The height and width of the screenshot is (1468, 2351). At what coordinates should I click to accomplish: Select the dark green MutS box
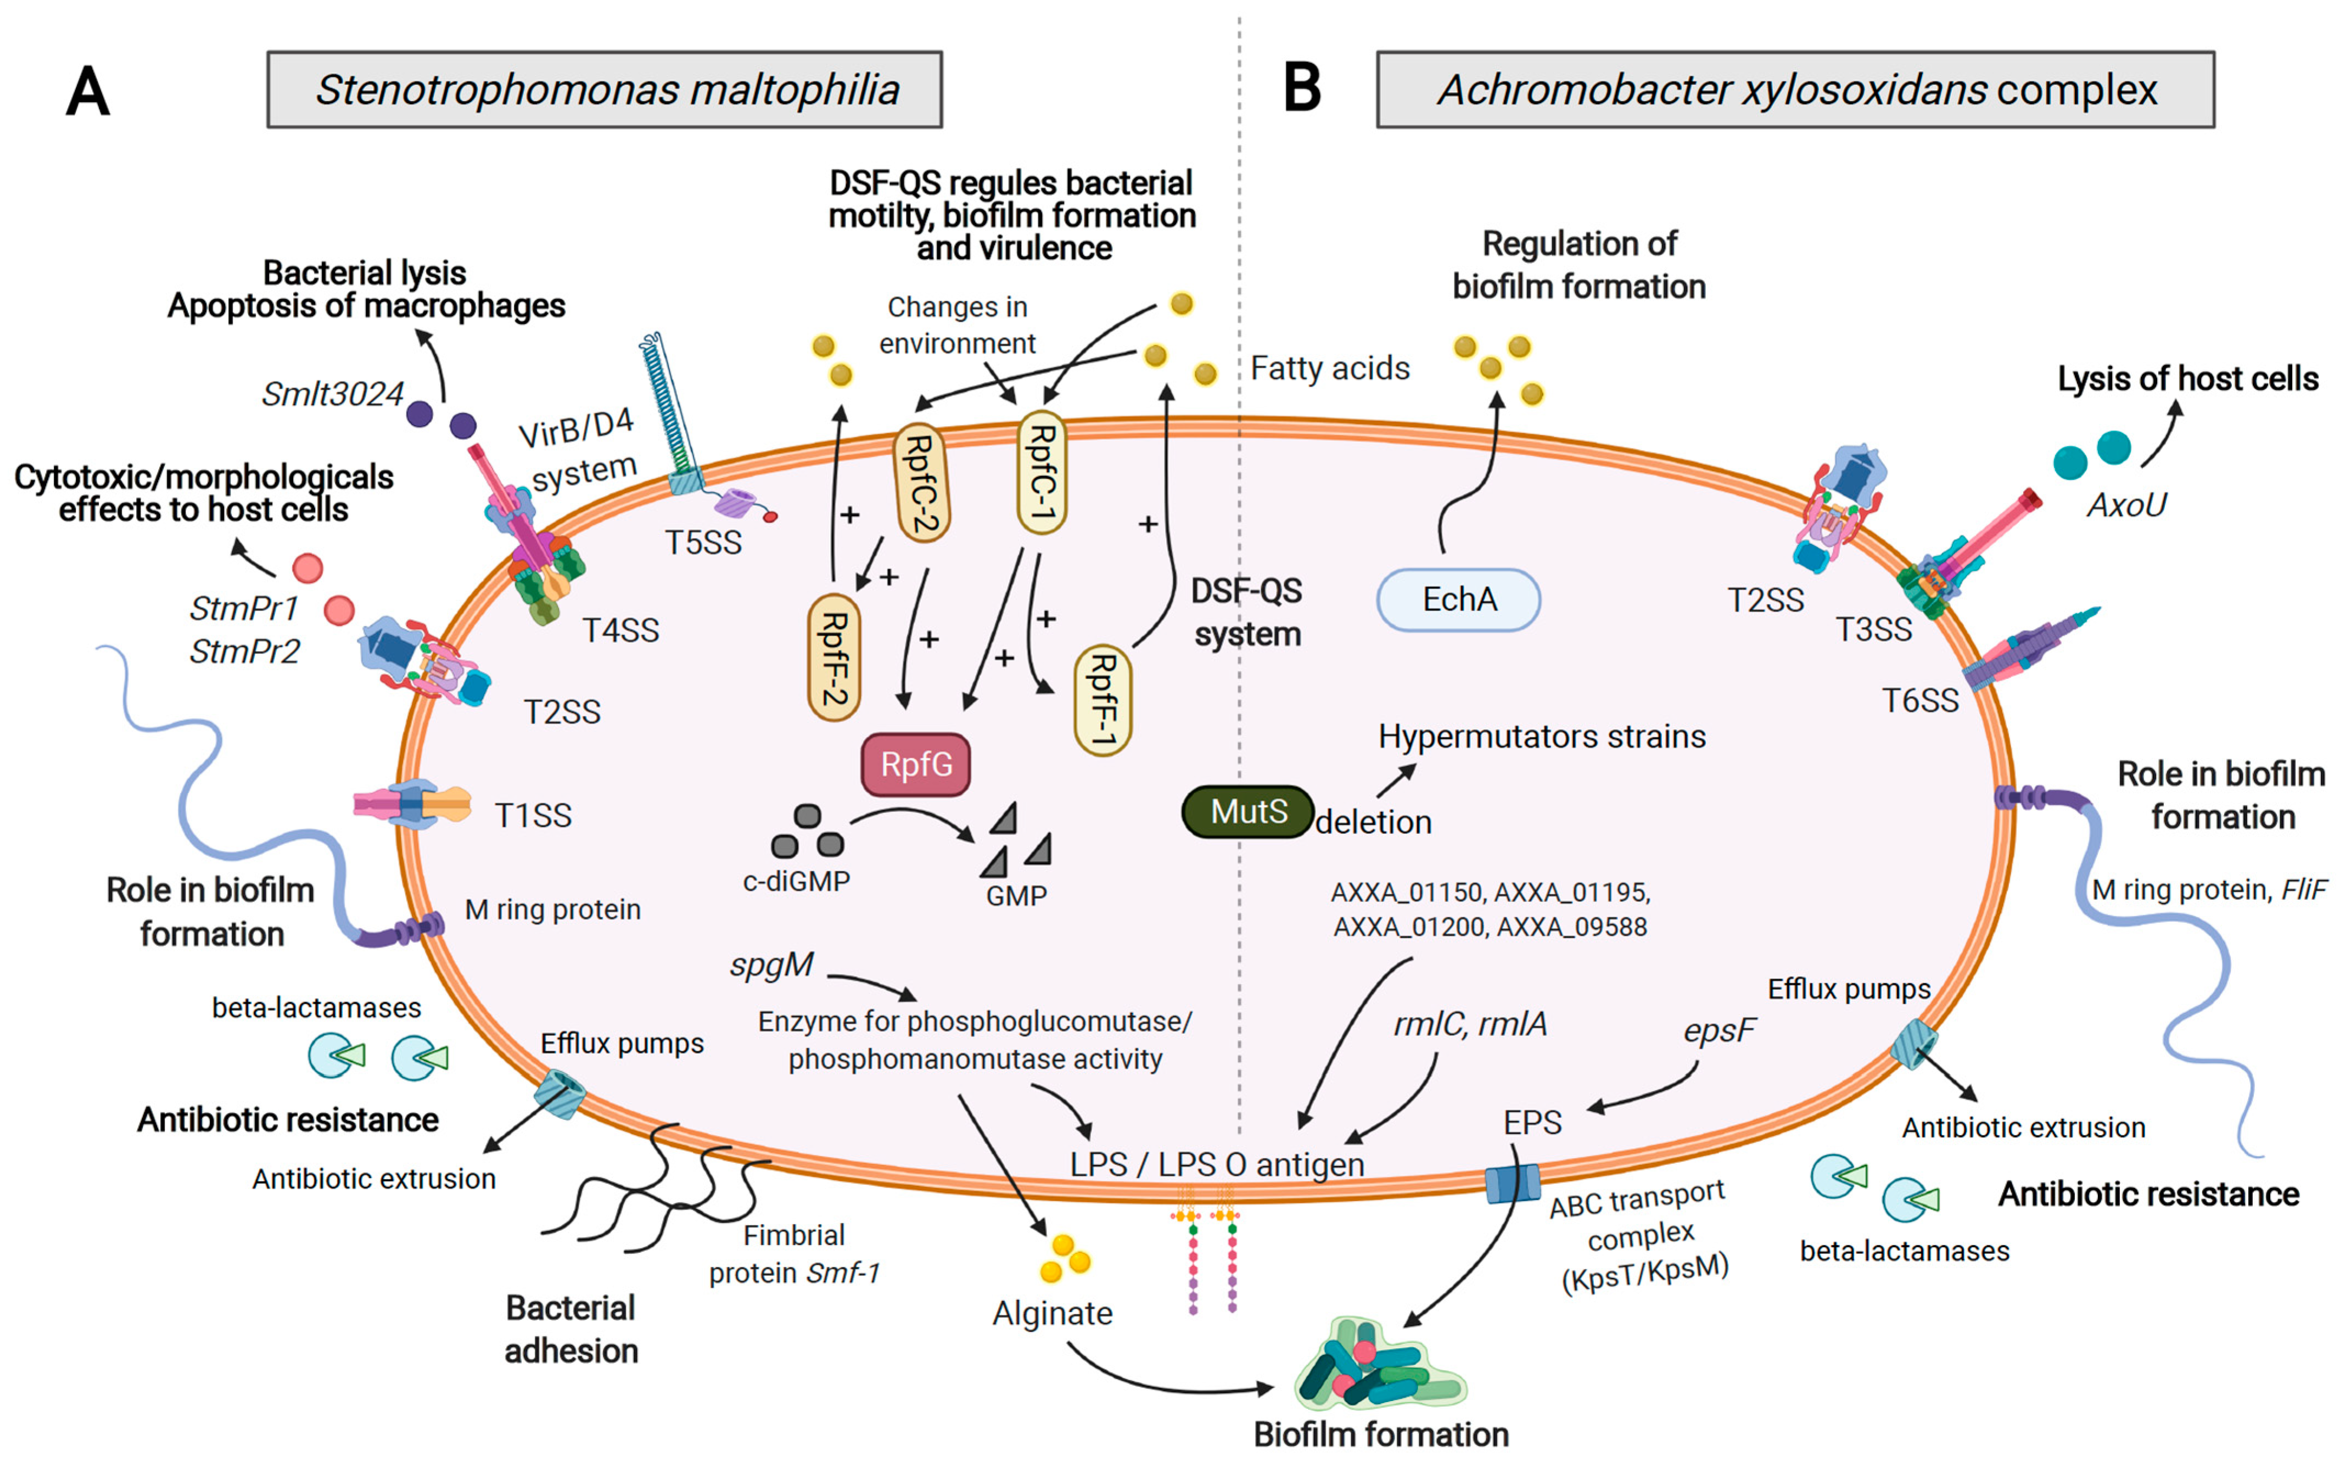(1247, 811)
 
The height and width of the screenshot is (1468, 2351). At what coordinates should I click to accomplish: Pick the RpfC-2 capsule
(920, 483)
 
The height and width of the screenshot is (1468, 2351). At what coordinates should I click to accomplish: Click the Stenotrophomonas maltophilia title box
(604, 89)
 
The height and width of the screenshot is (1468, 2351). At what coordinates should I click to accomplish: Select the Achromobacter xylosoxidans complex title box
(1795, 89)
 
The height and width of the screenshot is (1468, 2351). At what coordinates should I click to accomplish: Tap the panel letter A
(87, 92)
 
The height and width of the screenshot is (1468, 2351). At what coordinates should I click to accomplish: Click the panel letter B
(1302, 87)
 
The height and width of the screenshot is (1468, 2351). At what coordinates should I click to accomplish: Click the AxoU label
(2126, 505)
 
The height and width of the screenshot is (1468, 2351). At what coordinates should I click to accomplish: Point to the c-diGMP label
(796, 881)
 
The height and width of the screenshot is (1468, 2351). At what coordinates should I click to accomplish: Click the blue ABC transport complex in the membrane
(1512, 1184)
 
